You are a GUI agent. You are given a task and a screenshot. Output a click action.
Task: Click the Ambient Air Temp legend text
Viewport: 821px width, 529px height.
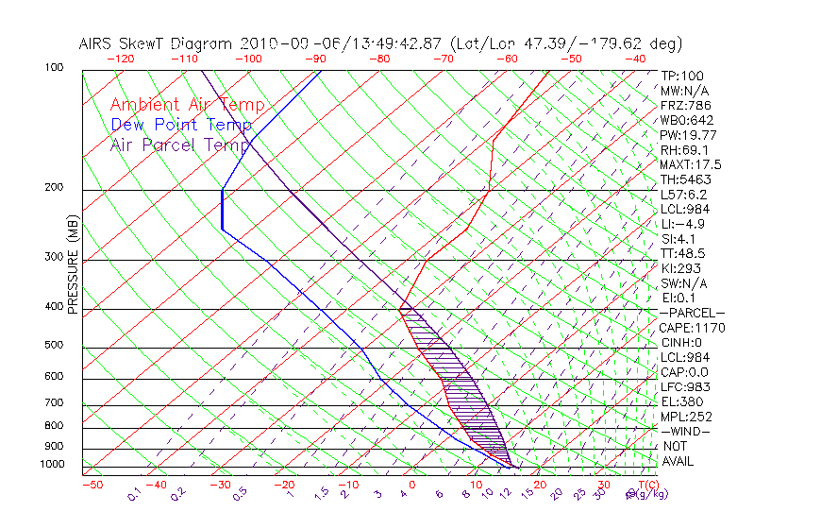coord(187,106)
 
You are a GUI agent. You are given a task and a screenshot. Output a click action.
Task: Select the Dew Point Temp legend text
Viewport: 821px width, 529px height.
coord(181,126)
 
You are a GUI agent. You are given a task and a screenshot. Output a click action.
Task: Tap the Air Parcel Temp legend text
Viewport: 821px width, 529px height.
coord(180,145)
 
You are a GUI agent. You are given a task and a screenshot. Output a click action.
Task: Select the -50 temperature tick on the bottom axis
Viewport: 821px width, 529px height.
coord(92,486)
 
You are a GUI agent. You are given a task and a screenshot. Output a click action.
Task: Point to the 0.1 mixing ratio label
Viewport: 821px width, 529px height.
coord(134,493)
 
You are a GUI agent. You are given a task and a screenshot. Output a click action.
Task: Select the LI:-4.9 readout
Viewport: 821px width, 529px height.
coord(682,224)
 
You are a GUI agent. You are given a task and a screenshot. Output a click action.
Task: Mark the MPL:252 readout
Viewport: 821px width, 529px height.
coord(686,417)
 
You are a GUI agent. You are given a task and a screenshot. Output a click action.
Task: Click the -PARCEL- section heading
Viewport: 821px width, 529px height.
coord(692,313)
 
